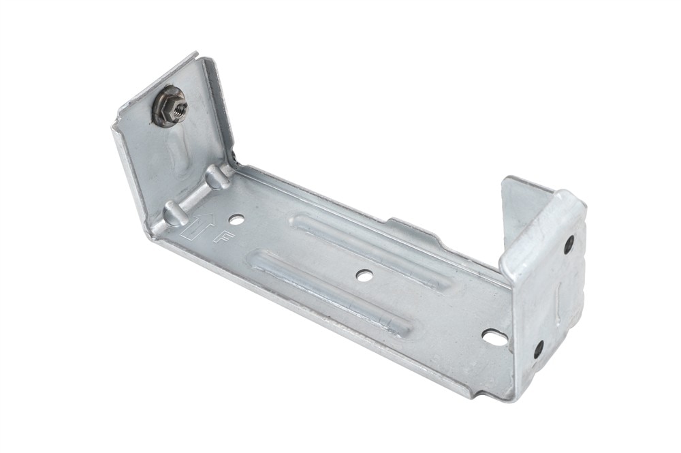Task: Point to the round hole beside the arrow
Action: tap(236, 219)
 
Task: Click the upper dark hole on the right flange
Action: tap(569, 245)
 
